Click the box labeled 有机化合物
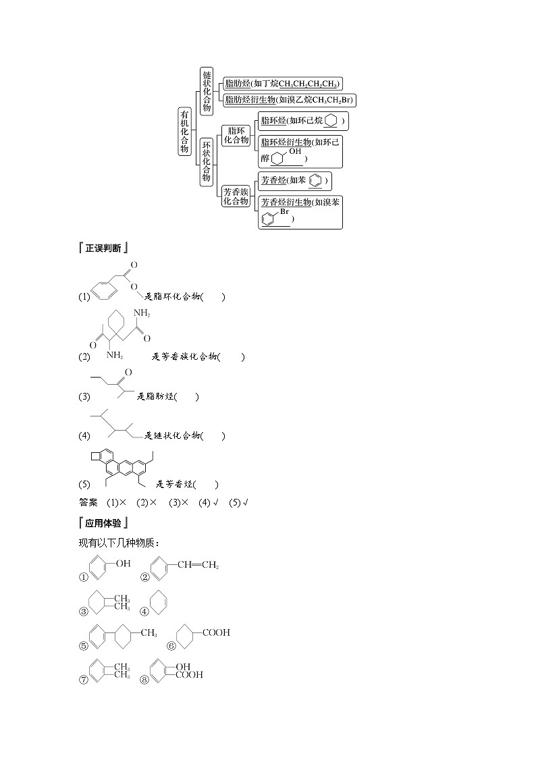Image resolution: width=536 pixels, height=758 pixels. pos(184,131)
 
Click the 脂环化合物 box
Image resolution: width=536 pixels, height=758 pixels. pos(236,135)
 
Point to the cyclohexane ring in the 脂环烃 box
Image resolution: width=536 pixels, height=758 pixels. pos(331,121)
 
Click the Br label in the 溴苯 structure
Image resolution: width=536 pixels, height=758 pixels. pos(285,212)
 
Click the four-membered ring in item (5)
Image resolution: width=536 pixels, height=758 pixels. pos(96,458)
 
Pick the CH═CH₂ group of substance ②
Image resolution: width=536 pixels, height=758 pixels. pos(198,564)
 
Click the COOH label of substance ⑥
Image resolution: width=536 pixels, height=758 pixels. pos(216,632)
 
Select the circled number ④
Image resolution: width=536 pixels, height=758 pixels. pos(144,612)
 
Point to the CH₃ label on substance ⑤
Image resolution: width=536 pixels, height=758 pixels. pos(149,633)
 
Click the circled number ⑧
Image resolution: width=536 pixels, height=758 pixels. pos(144,680)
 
